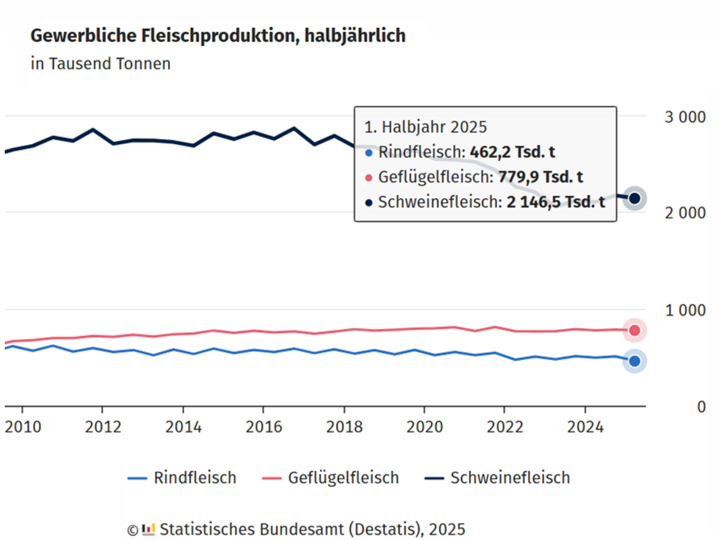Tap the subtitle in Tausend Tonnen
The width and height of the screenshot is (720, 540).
pyautogui.click(x=100, y=64)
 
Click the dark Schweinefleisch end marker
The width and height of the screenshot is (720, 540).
pyautogui.click(x=634, y=198)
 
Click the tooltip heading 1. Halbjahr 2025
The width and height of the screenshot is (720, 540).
pyautogui.click(x=425, y=127)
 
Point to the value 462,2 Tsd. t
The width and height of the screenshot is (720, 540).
pyautogui.click(x=512, y=152)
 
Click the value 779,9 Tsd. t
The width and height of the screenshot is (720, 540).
pyautogui.click(x=540, y=177)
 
